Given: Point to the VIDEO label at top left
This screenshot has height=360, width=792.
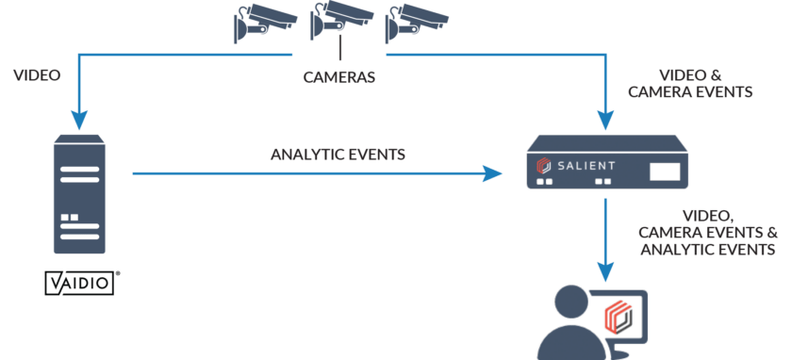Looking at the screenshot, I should pos(37,74).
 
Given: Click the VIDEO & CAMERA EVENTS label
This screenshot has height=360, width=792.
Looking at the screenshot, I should pos(705,83).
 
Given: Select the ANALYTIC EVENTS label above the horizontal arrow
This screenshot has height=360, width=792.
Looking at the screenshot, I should pos(338,154).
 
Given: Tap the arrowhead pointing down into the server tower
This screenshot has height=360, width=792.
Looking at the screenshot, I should pos(79,121).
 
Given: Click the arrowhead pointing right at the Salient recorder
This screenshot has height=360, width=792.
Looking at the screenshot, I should pos(492,173).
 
